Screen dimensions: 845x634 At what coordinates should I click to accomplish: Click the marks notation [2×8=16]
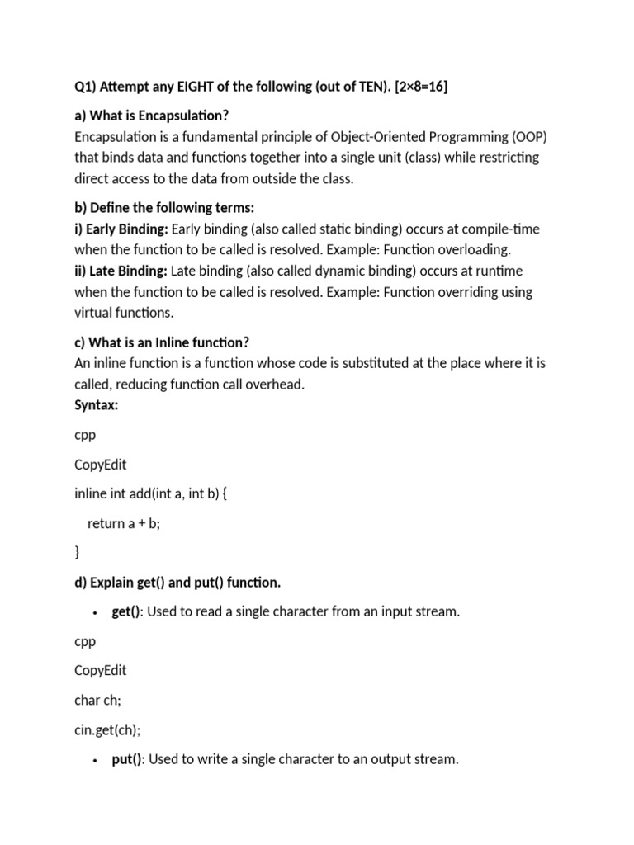pyautogui.click(x=407, y=87)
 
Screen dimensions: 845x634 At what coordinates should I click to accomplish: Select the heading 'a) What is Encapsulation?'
pyautogui.click(x=151, y=116)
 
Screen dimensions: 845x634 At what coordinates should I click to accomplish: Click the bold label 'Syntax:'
pyautogui.click(x=97, y=404)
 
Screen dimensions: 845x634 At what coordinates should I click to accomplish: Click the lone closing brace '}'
pyautogui.click(x=77, y=552)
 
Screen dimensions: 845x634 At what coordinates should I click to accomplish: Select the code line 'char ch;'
pyautogui.click(x=97, y=700)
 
